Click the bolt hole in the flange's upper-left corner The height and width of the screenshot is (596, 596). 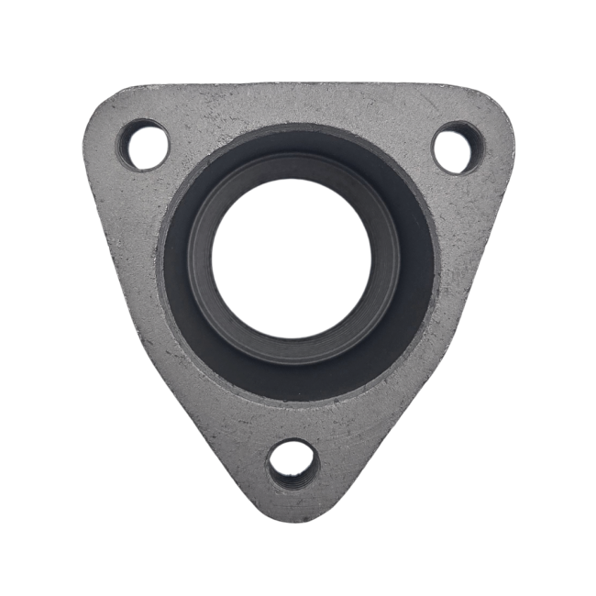(143, 145)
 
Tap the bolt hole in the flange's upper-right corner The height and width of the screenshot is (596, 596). (457, 147)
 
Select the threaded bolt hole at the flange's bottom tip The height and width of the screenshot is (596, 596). (292, 463)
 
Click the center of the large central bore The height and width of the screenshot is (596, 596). (292, 259)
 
